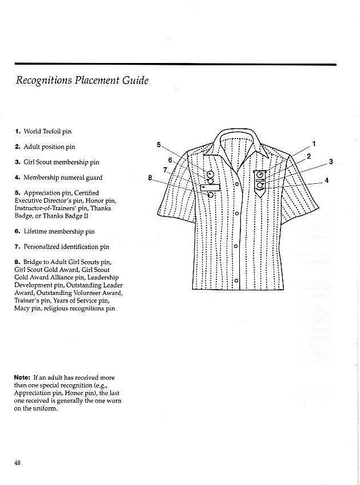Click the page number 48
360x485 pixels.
click(18, 463)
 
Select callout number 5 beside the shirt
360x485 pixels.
click(159, 144)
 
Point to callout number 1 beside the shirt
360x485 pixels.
click(314, 143)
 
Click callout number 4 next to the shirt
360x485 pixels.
click(326, 180)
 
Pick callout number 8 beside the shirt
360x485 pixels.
click(150, 178)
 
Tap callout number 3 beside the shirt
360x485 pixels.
click(331, 162)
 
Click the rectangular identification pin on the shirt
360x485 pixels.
click(211, 187)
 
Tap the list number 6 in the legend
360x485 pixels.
click(17, 231)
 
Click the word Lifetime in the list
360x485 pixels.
click(36, 231)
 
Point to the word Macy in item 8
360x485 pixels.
click(22, 308)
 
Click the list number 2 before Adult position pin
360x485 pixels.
click(17, 147)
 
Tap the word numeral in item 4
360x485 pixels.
click(73, 178)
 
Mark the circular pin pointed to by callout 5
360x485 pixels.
click(211, 174)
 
